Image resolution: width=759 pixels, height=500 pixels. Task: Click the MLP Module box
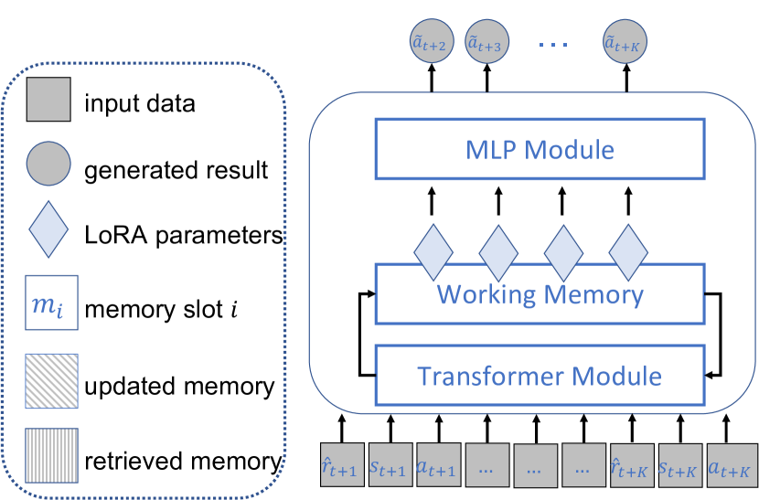click(x=539, y=148)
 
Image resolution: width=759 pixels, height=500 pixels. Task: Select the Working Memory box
click(x=539, y=293)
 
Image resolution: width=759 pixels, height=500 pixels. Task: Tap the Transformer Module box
click(x=539, y=375)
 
